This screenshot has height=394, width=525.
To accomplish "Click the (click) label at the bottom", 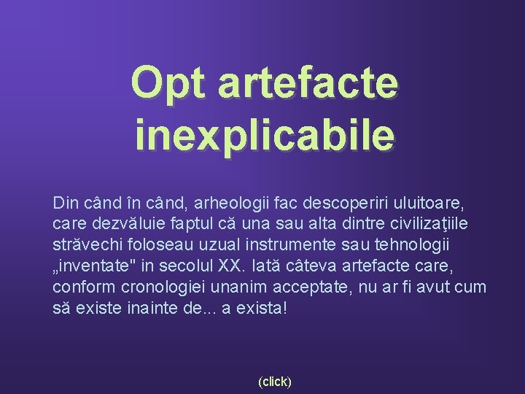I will click(275, 381).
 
